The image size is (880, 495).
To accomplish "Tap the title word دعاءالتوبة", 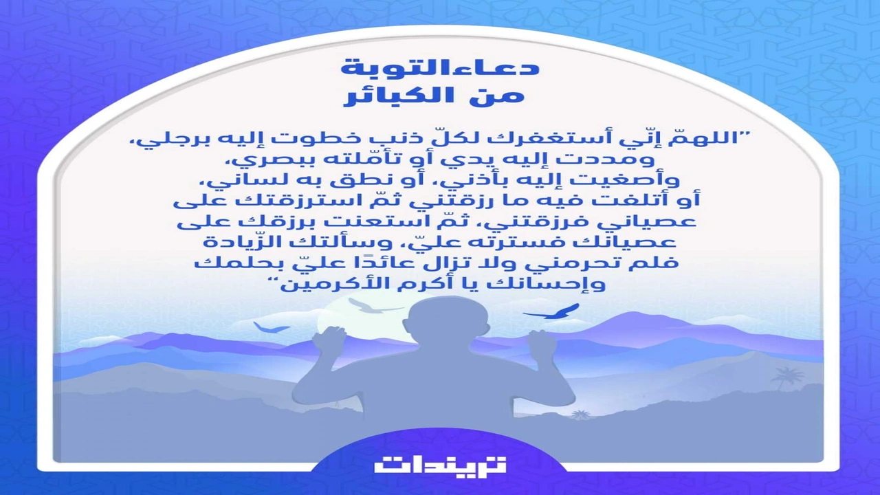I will (440, 67).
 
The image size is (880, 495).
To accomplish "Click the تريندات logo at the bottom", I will (440, 464).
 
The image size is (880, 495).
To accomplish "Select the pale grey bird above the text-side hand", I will (371, 306).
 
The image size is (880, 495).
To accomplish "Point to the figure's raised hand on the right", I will (541, 342).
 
